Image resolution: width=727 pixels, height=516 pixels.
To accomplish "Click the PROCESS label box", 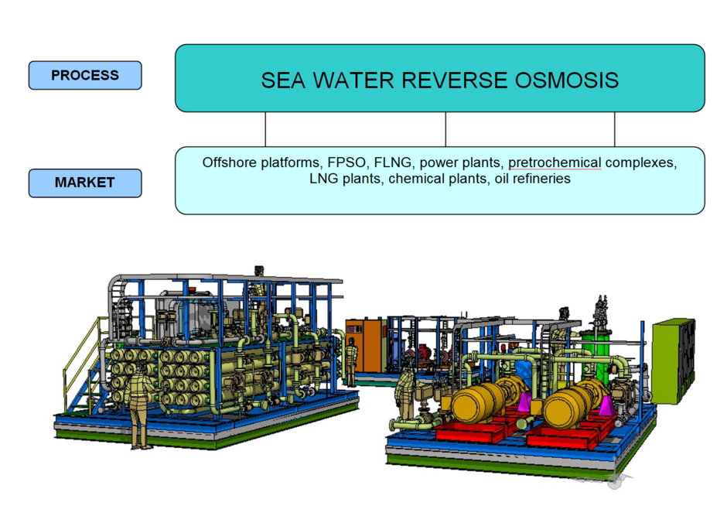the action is pyautogui.click(x=85, y=75).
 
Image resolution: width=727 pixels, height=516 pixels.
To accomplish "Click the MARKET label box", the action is pyautogui.click(x=85, y=183).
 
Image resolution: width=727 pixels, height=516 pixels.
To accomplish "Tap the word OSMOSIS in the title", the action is pyautogui.click(x=567, y=80).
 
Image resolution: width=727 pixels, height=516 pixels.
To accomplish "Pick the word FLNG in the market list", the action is pyautogui.click(x=393, y=162).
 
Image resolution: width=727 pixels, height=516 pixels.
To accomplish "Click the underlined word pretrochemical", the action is pyautogui.click(x=555, y=163).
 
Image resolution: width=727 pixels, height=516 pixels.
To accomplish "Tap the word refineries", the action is pyautogui.click(x=544, y=179).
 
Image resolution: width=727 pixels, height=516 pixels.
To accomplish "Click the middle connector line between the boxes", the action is pyautogui.click(x=445, y=129).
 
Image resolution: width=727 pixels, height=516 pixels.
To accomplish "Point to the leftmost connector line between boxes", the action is pyautogui.click(x=266, y=129).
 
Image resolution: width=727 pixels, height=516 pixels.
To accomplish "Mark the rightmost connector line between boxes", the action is pyautogui.click(x=615, y=129).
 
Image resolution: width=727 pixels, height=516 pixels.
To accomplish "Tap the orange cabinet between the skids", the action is pyautogui.click(x=367, y=345).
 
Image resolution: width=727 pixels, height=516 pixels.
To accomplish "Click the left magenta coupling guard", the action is pyautogui.click(x=524, y=402).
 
